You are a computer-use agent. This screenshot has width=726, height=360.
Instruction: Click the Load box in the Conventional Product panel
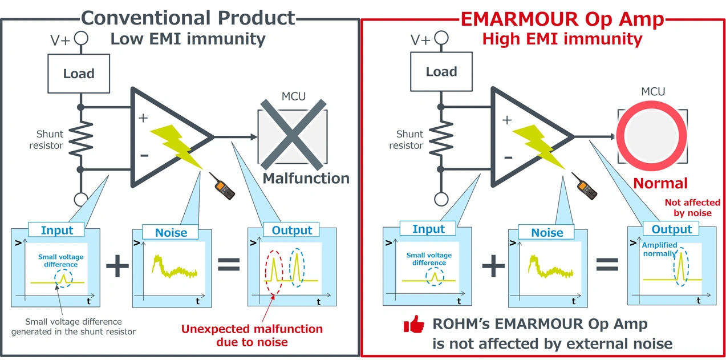(79, 74)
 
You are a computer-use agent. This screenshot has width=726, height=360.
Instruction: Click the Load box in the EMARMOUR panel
(441, 72)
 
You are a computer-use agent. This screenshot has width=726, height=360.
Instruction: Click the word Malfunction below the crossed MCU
(306, 178)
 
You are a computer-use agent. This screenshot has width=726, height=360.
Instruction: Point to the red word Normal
(660, 183)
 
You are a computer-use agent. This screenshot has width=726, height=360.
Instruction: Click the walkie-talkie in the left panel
(224, 186)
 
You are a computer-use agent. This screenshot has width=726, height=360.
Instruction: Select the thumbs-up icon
(414, 325)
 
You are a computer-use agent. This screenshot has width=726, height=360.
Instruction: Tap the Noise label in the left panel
(171, 232)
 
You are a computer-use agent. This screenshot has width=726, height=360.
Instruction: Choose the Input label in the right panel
(428, 229)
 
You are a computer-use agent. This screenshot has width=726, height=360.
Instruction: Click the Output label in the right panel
(671, 229)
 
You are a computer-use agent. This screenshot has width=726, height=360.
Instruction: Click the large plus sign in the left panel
(117, 266)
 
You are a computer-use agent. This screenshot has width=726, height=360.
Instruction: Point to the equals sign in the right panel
(607, 264)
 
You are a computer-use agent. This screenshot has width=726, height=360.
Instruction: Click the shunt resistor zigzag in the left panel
(81, 137)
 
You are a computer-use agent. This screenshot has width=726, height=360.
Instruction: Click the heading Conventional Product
(189, 18)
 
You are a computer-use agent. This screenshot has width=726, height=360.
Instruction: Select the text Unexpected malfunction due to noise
(252, 335)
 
